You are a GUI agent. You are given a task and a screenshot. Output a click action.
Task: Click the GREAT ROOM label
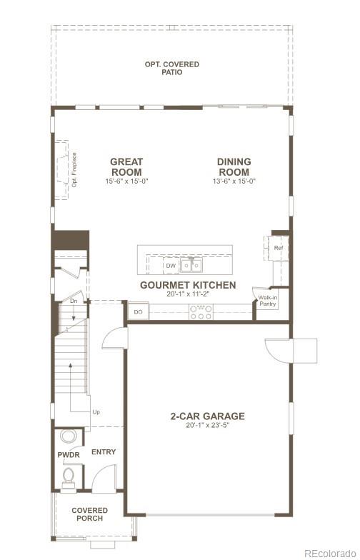[126, 167]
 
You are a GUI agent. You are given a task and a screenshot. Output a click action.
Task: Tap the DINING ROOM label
[234, 167]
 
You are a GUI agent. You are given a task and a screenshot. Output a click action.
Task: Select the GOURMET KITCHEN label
[188, 285]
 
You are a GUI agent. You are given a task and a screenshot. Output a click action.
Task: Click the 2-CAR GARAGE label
[207, 416]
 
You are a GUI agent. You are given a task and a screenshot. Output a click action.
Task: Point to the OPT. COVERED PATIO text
[172, 68]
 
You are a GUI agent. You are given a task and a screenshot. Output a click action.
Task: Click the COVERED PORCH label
[90, 514]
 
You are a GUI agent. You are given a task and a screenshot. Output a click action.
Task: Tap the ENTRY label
[104, 452]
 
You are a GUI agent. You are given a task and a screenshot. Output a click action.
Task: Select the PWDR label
[68, 455]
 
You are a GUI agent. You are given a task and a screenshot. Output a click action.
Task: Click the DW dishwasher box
[171, 266]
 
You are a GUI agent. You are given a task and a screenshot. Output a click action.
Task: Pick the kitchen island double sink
[191, 266]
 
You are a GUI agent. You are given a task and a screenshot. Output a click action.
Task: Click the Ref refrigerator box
[279, 248]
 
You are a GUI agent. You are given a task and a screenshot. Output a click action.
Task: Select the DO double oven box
[137, 312]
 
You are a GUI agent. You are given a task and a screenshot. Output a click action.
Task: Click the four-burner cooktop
[201, 311]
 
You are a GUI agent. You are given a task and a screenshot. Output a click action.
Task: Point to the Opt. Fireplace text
[74, 170]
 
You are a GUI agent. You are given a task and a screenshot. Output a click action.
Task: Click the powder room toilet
[69, 474]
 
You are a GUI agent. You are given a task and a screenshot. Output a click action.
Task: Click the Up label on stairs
[96, 412]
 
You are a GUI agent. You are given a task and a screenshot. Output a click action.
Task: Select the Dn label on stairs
[73, 301]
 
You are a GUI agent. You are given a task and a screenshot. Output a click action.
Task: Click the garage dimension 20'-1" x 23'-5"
[207, 426]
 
